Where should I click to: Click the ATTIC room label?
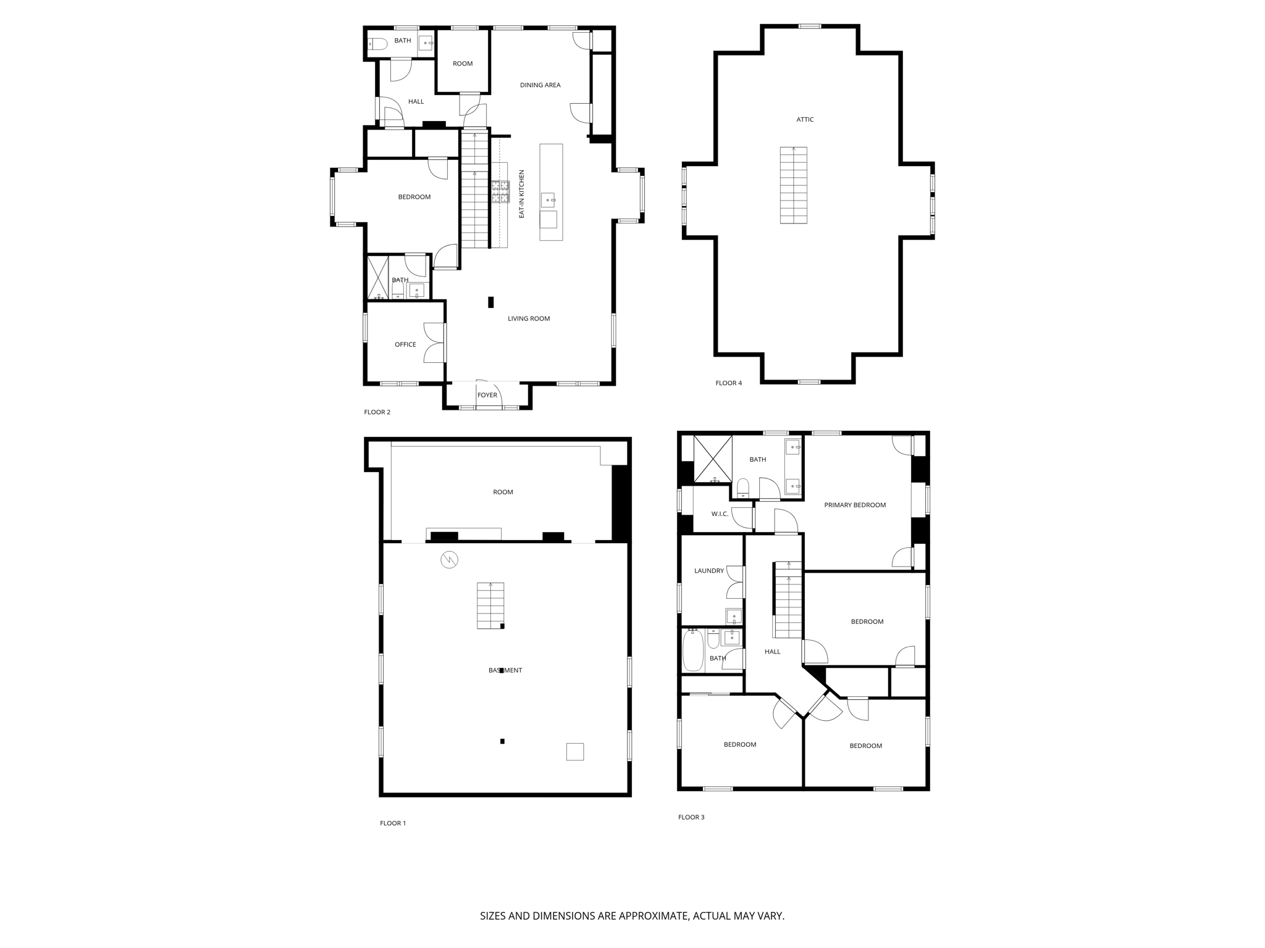805,120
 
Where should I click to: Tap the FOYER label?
487,395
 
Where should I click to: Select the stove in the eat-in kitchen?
500,191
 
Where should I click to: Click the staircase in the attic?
793,185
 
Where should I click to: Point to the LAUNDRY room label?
708,571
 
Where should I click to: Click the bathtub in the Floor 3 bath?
693,651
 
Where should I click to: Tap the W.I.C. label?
720,514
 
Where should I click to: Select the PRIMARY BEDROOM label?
855,505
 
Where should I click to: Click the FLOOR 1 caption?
393,823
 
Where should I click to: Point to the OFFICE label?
405,344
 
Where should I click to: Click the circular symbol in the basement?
449,560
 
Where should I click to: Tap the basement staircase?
490,605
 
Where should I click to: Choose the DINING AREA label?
540,85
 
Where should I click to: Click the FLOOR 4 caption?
728,383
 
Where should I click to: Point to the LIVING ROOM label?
528,318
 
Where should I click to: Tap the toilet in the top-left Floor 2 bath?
377,43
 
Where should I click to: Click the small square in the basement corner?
574,751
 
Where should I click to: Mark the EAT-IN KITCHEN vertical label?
521,194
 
